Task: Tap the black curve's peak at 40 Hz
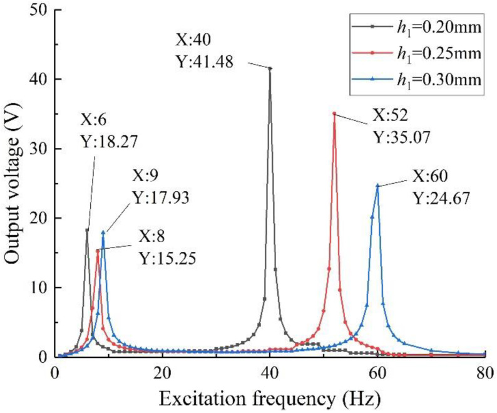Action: tap(270, 68)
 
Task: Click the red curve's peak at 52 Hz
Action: tap(334, 113)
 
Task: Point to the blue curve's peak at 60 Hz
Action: tap(377, 186)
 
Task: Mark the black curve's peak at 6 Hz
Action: tap(87, 230)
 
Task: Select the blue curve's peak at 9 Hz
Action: tap(103, 233)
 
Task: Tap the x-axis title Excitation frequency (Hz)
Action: tap(270, 397)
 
